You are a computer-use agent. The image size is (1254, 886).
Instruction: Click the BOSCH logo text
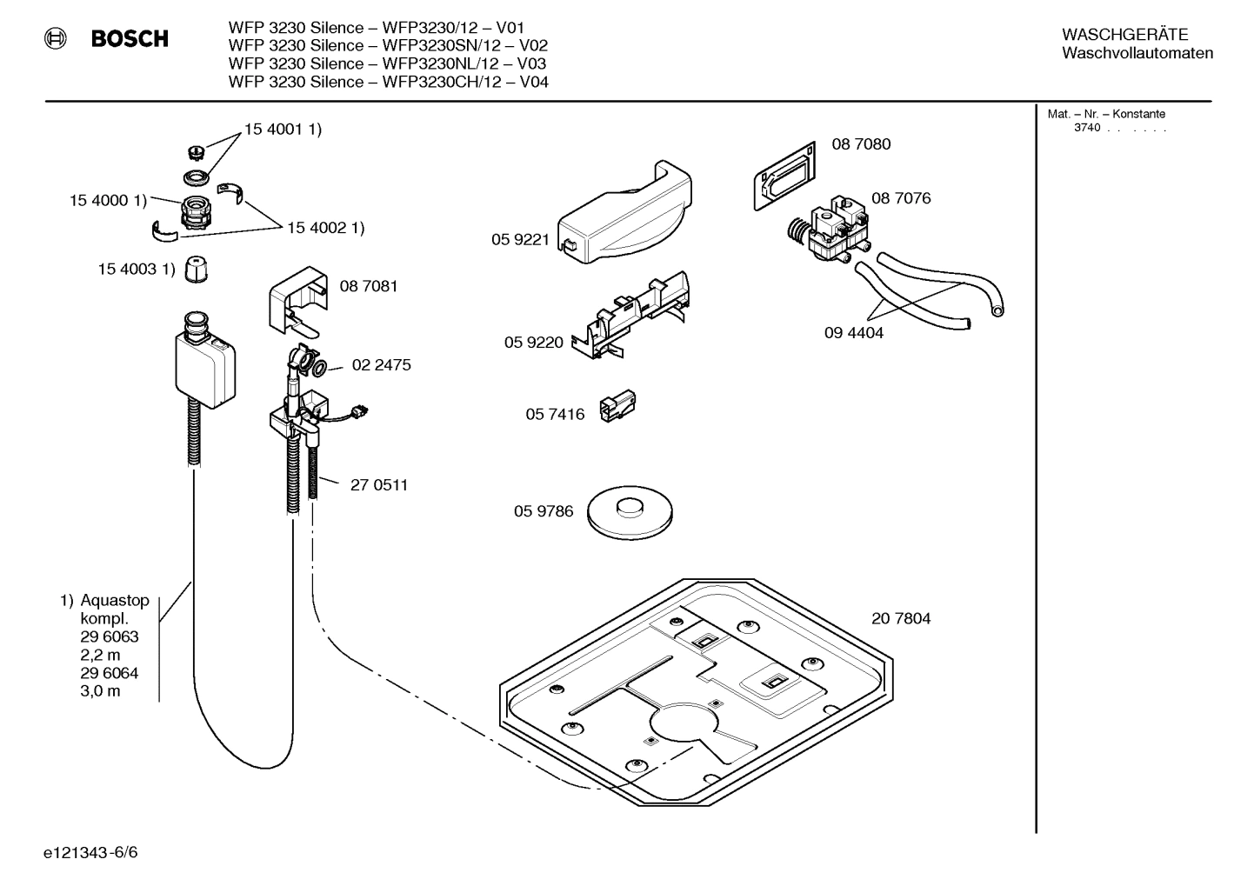click(129, 39)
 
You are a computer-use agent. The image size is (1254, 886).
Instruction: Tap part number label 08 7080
click(861, 144)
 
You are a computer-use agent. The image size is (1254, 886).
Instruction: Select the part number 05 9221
click(520, 240)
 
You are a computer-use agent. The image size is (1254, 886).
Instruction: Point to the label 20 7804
click(901, 619)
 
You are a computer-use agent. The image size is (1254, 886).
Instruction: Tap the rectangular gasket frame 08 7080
click(784, 176)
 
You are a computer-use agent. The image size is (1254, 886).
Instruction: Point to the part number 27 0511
click(379, 485)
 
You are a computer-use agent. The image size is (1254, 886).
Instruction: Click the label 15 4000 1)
click(108, 201)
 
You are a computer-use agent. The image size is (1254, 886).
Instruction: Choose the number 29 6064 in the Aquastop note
click(110, 673)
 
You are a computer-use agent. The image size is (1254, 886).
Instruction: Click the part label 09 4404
click(854, 333)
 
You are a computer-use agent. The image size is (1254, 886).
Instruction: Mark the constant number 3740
click(1086, 128)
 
